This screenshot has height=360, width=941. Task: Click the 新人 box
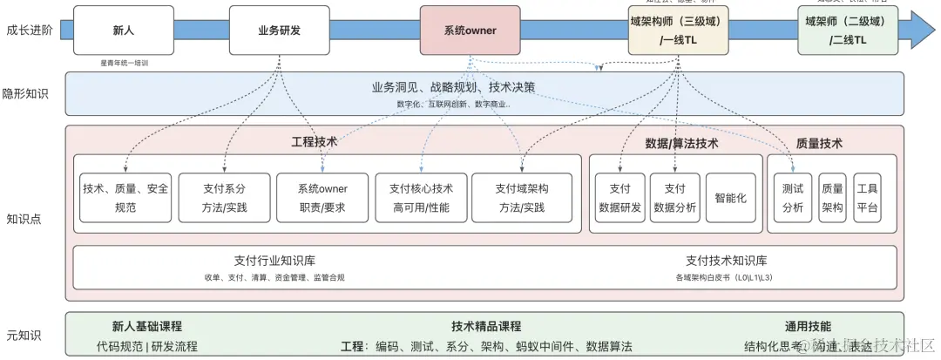[123, 31]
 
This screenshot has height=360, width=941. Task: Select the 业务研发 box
[280, 31]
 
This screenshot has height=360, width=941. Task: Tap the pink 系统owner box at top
[470, 31]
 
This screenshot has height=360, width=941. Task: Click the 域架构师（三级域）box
[679, 31]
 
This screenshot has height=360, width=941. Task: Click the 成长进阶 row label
[29, 31]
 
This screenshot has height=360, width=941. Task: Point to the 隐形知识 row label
[25, 94]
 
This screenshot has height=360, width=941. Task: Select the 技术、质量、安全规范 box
[126, 197]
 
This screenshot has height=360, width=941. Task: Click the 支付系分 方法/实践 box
[224, 197]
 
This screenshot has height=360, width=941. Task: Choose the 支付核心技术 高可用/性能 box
[421, 197]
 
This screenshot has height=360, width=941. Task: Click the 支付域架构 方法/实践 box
[522, 197]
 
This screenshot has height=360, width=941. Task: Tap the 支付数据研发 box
[620, 197]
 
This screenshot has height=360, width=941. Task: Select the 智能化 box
[730, 197]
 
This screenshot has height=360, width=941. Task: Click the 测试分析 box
[793, 197]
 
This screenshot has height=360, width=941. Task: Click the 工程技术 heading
[314, 141]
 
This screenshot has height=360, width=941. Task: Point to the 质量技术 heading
[819, 143]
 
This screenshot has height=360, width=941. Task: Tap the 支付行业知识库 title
[274, 260]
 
